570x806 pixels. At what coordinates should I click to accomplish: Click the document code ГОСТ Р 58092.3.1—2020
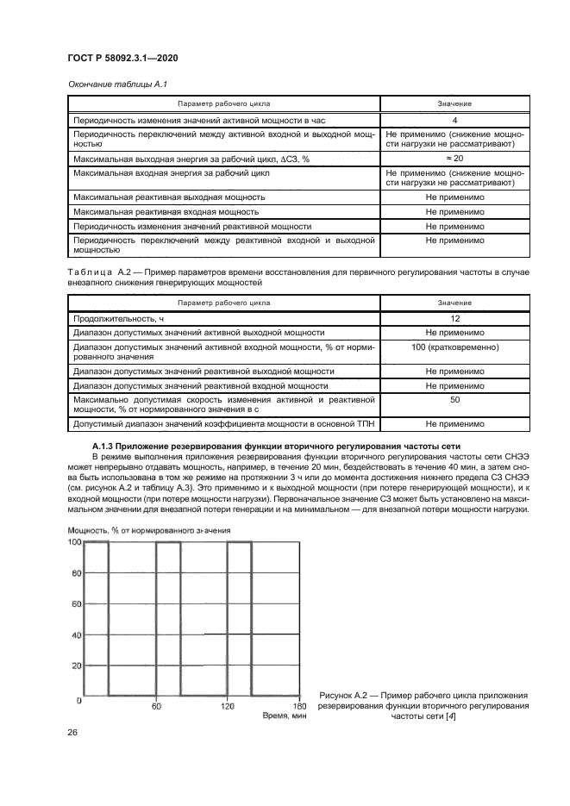point(128,58)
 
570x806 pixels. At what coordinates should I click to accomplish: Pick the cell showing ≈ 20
point(454,159)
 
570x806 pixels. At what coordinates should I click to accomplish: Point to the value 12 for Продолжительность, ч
point(454,319)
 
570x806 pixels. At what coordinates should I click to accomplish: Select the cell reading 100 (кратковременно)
point(454,347)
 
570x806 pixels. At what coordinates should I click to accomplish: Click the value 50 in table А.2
point(454,401)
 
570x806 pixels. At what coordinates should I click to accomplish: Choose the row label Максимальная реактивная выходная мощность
point(169,197)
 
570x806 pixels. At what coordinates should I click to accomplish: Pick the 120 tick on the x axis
point(226,707)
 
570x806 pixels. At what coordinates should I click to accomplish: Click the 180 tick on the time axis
point(297,707)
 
